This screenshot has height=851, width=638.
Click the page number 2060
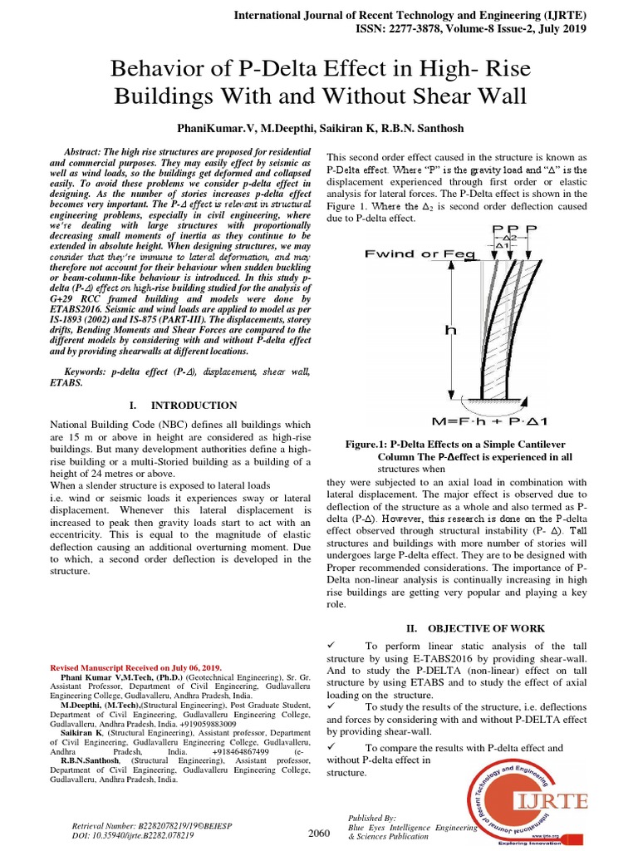(x=318, y=833)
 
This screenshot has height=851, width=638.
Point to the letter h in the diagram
(x=450, y=329)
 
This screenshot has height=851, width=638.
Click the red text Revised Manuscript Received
(x=136, y=667)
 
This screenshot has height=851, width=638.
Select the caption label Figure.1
(x=371, y=445)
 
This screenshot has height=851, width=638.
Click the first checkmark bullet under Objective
(x=331, y=647)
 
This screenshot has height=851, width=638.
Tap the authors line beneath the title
(x=319, y=130)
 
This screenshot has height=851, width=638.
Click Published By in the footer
(x=372, y=818)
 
